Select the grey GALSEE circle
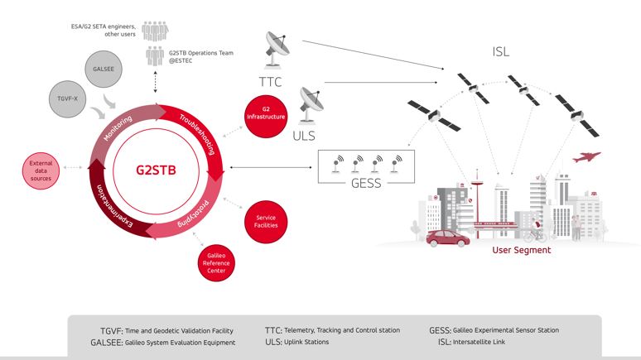105,69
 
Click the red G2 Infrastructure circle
266,113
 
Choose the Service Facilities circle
265,222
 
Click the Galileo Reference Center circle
215,263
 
